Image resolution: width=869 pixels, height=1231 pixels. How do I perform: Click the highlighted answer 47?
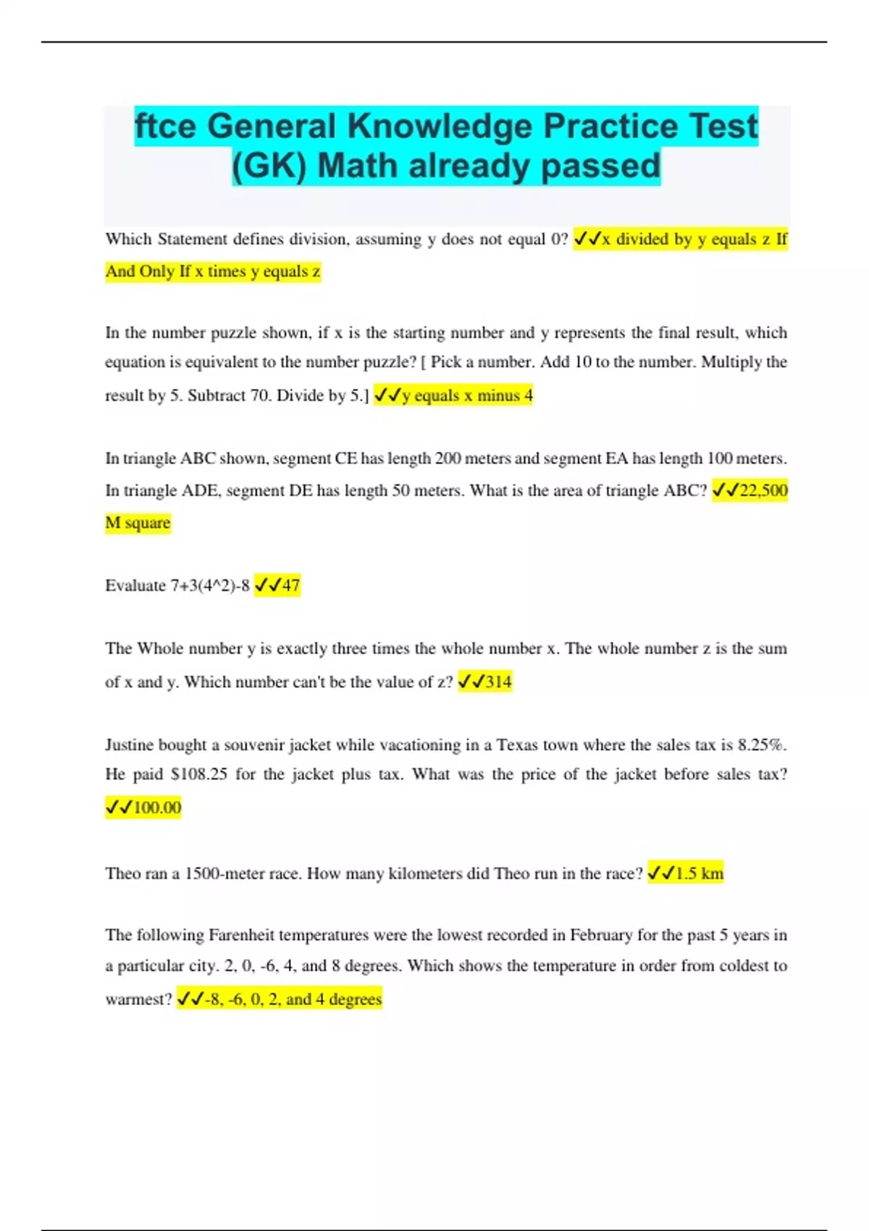point(290,585)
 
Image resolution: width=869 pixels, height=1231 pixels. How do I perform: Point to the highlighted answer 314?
point(498,681)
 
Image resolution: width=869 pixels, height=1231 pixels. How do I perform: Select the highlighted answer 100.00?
point(157,807)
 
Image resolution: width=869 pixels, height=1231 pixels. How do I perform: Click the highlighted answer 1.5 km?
point(699,873)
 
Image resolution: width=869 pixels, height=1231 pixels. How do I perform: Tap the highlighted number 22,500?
point(763,490)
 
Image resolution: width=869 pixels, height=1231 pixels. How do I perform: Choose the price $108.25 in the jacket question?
point(199,774)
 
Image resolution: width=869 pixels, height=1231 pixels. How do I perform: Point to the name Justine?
point(129,744)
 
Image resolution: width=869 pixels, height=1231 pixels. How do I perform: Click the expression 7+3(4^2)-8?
point(210,585)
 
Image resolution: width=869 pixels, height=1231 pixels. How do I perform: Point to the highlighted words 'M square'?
point(138,523)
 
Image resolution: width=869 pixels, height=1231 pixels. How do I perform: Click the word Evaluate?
point(135,585)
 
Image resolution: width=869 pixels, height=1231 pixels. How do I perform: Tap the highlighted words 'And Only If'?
point(147,272)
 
